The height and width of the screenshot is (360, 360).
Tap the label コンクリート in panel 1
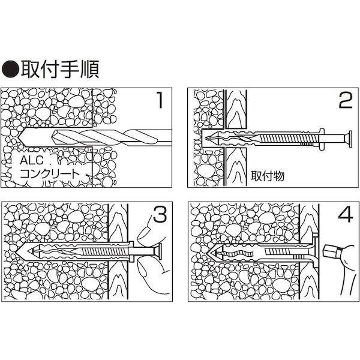point(51,175)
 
